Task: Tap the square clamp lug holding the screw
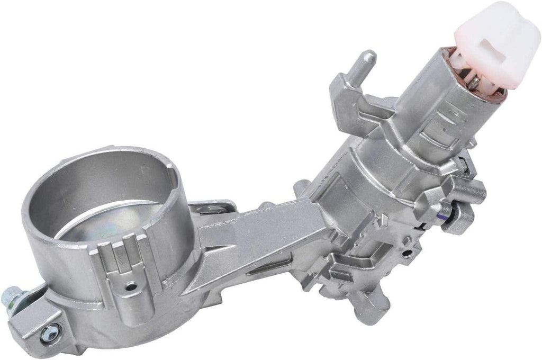point(40,323)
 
